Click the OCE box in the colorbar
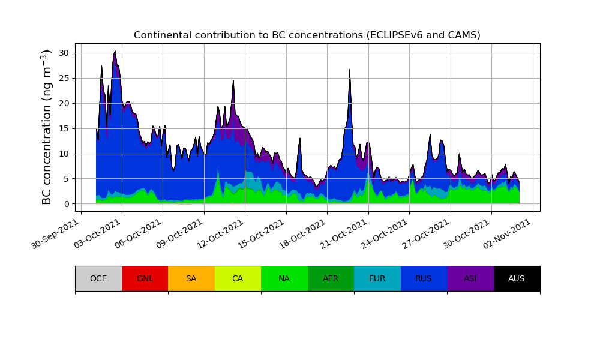98,278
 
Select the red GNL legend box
145,278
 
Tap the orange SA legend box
191,278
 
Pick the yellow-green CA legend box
238,278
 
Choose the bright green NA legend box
284,278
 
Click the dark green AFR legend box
331,278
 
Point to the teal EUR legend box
377,278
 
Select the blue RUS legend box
424,278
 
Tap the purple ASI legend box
470,278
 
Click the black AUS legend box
517,278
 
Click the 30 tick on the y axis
64,53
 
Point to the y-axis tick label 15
64,128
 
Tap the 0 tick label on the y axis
67,204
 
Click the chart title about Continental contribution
307,35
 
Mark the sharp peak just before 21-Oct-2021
350,70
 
